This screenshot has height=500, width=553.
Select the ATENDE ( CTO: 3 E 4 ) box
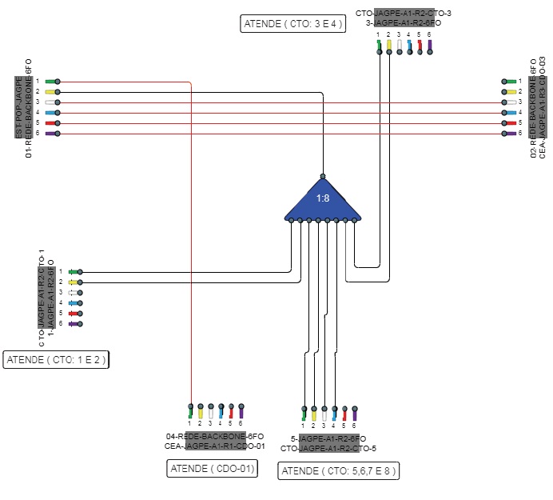[x=292, y=23]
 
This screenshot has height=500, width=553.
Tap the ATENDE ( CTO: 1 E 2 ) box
[x=55, y=360]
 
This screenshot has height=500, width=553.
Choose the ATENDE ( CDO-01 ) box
[x=213, y=469]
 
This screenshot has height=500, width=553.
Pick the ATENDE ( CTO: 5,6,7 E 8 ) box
[x=339, y=471]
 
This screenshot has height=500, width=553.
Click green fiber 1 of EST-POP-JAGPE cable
[x=51, y=82]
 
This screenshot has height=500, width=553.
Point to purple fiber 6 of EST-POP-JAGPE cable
[x=51, y=134]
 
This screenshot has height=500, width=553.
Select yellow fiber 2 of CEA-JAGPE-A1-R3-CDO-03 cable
[x=508, y=92]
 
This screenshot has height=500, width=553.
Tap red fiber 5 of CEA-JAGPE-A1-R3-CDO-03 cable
[x=508, y=123]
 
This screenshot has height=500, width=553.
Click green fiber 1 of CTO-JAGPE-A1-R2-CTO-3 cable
[x=379, y=46]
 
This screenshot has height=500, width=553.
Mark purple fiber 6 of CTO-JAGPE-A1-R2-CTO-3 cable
[x=429, y=46]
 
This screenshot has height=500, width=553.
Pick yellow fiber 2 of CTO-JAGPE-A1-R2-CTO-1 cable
[x=74, y=282]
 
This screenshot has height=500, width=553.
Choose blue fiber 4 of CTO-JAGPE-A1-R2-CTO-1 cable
[x=74, y=303]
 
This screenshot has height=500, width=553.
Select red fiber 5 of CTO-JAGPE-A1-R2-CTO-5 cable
[x=344, y=414]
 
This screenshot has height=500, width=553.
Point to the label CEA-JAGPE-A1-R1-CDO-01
[x=214, y=446]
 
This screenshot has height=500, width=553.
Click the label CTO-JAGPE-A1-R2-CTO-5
[x=328, y=449]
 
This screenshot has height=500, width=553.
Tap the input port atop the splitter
[x=323, y=176]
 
